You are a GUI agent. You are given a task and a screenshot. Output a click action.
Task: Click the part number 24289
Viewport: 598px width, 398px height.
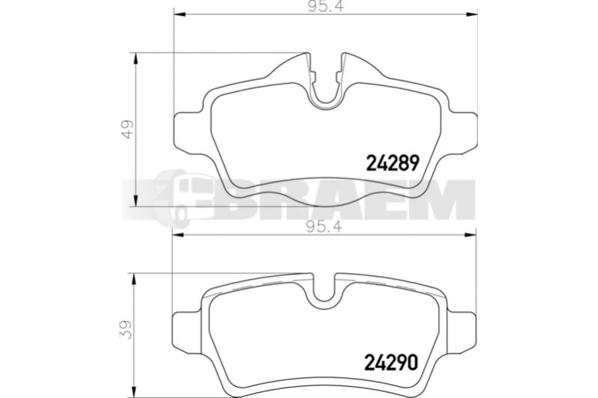[x=393, y=163]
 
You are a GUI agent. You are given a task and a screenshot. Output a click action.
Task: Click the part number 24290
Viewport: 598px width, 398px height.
[x=391, y=362]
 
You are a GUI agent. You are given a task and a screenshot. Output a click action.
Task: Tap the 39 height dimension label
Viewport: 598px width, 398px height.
[x=126, y=329]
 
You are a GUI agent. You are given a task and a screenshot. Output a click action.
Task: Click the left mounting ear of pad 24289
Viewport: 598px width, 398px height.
[x=187, y=134]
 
